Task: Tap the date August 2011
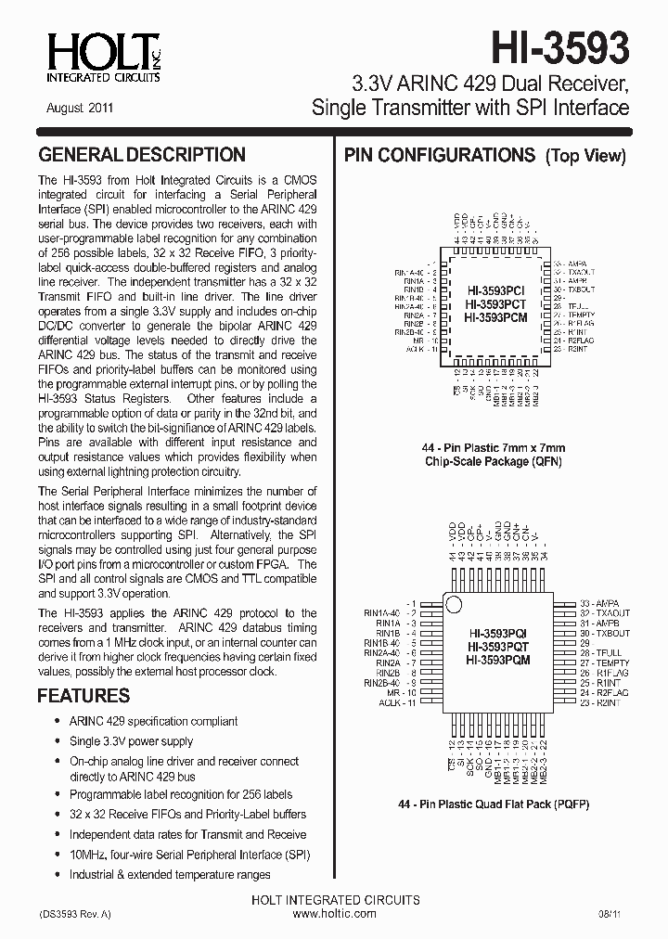click(80, 108)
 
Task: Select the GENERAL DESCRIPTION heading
click(142, 155)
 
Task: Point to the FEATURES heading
click(83, 696)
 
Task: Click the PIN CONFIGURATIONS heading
click(440, 155)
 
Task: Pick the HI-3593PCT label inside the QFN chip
click(495, 304)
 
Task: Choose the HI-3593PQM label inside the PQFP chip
click(499, 660)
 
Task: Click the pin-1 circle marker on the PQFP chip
click(454, 605)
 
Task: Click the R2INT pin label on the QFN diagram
click(574, 350)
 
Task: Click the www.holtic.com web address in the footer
click(335, 914)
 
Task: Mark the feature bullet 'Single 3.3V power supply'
click(132, 741)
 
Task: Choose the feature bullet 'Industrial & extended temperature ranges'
click(170, 874)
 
